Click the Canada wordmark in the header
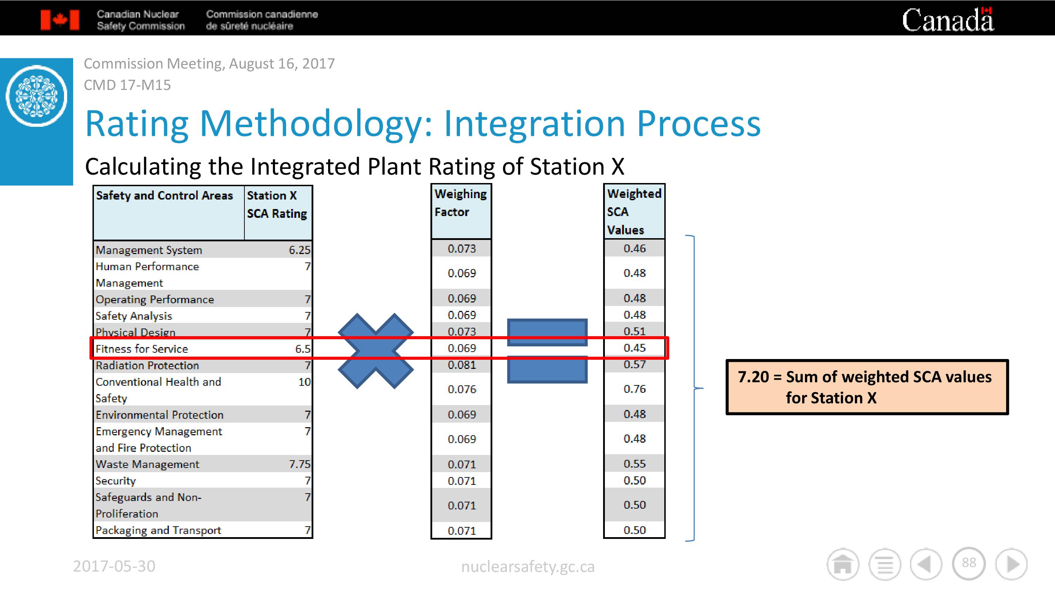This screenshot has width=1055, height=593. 948,19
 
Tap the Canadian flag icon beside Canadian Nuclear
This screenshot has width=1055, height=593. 60,20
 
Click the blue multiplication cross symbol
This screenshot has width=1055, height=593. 376,351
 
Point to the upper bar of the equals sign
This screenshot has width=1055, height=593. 547,332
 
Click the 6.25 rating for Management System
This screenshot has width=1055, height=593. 299,250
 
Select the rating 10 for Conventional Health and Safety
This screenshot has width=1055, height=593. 304,382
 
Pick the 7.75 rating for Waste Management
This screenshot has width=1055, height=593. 299,464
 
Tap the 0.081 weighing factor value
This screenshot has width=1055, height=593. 461,365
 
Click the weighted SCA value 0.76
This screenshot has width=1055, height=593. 634,389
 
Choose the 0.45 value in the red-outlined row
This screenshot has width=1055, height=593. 634,348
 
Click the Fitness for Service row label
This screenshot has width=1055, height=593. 142,349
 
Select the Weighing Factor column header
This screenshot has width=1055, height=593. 461,203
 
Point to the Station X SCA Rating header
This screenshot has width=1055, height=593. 277,204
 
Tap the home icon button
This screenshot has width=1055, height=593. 843,564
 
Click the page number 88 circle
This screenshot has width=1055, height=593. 968,563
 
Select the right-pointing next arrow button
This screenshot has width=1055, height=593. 1012,564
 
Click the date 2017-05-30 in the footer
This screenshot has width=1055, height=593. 114,566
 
